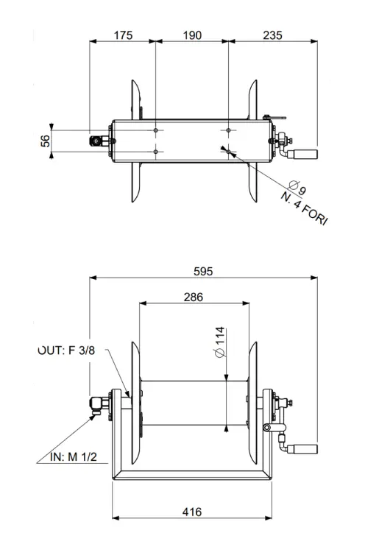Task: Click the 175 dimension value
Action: click(123, 35)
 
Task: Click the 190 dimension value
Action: click(191, 35)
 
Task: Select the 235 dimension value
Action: click(273, 35)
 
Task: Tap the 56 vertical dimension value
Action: click(46, 140)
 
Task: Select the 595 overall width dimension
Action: click(203, 271)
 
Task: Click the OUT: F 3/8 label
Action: click(67, 351)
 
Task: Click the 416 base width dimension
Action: click(193, 512)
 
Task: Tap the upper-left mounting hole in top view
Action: click(156, 130)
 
